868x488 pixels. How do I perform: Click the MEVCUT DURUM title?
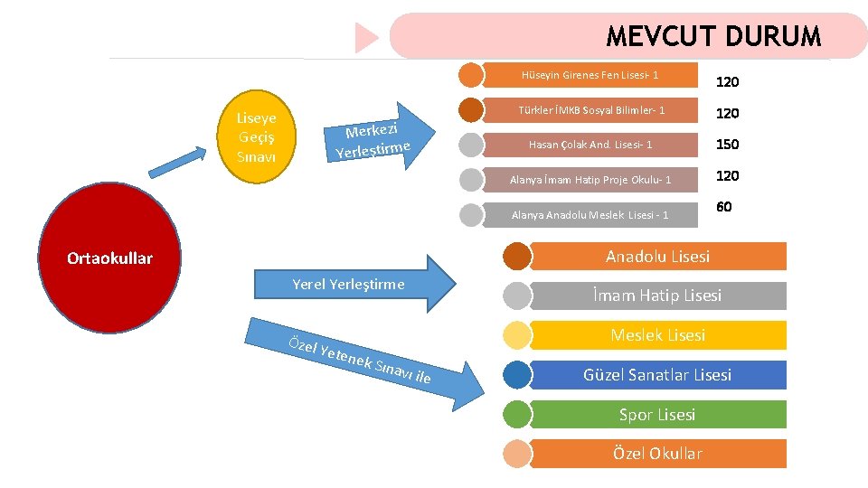coord(712,37)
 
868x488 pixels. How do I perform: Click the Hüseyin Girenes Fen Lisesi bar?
coord(590,75)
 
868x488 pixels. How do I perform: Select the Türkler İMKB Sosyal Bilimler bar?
coord(590,110)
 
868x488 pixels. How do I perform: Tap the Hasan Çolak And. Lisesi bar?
coord(590,145)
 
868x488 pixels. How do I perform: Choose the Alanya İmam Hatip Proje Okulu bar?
coord(590,180)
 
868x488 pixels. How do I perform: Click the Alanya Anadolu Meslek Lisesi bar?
coord(590,215)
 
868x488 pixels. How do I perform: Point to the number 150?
coord(727,145)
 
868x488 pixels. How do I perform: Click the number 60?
coord(723,208)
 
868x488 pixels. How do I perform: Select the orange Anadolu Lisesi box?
coord(657,257)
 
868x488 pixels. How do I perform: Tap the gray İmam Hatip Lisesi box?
coord(657,296)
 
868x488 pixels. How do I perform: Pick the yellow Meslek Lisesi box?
coord(657,335)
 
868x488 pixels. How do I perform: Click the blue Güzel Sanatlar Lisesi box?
coord(657,374)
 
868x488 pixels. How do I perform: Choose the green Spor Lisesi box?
coord(657,415)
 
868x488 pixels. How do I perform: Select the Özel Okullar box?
coord(657,454)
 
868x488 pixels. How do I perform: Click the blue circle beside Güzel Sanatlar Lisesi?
coord(517,374)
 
